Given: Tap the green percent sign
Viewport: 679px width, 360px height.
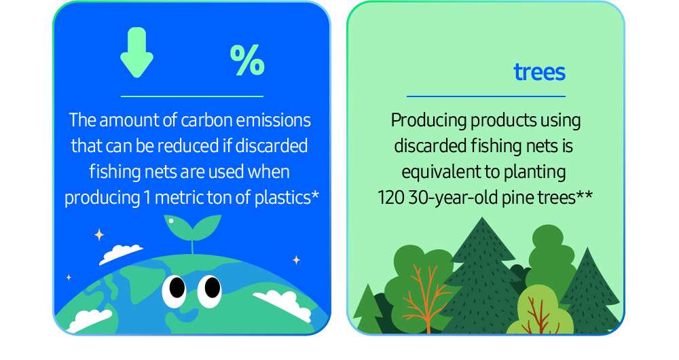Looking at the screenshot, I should (x=247, y=61).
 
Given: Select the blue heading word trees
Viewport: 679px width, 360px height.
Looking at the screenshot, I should (x=539, y=72).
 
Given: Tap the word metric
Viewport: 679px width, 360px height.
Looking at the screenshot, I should (x=181, y=198).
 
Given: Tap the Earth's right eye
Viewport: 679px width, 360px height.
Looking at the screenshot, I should (x=212, y=287).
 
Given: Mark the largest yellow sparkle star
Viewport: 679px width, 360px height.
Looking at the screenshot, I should (x=99, y=235).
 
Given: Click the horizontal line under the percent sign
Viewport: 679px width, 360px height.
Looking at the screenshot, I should (x=191, y=96).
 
